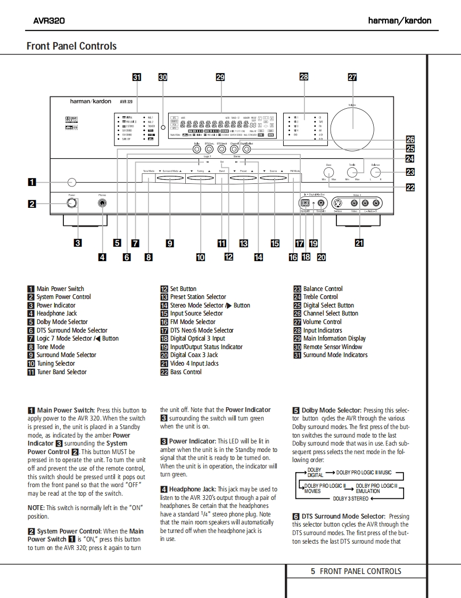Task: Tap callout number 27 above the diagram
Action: point(352,77)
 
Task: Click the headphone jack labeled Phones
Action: point(102,203)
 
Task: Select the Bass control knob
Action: point(328,172)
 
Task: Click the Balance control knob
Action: point(376,172)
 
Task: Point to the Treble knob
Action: point(352,172)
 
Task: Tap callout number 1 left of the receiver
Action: point(32,182)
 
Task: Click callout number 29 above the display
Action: point(220,77)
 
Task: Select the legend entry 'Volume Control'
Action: point(322,322)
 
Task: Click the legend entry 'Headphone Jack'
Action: point(56,313)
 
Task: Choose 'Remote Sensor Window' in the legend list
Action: point(332,347)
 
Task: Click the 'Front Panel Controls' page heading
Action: point(71,46)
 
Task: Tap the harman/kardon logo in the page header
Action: point(400,21)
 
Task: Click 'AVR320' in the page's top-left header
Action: point(49,21)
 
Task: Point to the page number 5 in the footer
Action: point(313,571)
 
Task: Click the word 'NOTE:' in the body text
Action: point(36,508)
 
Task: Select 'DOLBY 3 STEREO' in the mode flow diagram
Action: point(350,499)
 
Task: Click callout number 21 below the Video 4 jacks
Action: point(359,244)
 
